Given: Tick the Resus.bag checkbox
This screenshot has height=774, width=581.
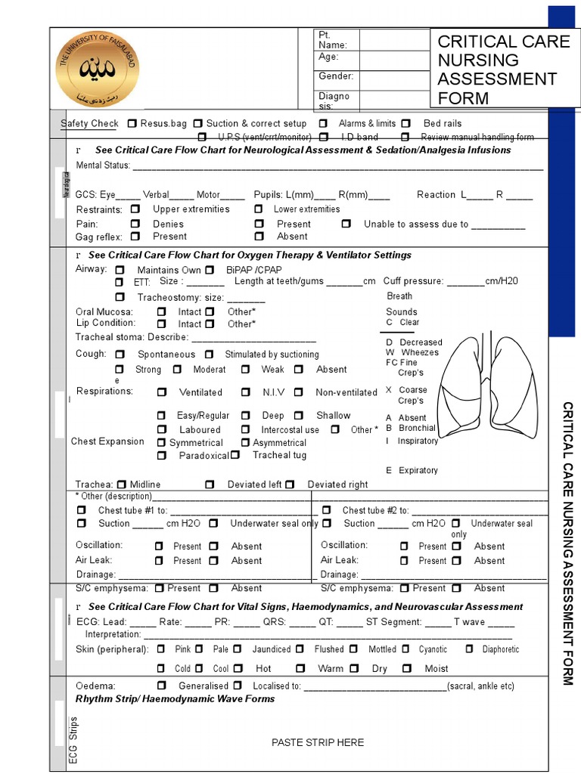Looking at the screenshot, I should (132, 123).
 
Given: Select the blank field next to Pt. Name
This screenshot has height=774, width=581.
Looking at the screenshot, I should (393, 40).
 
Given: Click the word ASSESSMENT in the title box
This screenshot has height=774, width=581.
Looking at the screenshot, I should (497, 79).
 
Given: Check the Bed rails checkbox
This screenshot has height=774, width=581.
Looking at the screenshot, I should (406, 123).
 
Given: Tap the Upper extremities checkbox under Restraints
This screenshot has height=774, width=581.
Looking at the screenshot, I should (135, 209).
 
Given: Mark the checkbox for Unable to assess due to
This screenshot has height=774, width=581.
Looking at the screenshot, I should (346, 224).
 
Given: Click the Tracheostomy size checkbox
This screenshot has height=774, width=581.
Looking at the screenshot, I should (120, 297).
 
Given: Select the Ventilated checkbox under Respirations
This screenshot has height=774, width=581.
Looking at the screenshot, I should (162, 392).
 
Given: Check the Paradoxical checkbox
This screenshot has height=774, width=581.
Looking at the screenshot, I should (162, 456).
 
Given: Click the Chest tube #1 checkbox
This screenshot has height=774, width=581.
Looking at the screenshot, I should (82, 510).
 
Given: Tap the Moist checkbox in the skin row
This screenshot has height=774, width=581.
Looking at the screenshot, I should (407, 668).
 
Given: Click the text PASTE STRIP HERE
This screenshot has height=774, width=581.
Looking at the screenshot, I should (318, 742).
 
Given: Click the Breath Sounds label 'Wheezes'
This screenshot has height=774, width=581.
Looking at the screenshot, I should (419, 352).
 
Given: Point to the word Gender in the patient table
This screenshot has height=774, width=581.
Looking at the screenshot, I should (336, 76).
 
